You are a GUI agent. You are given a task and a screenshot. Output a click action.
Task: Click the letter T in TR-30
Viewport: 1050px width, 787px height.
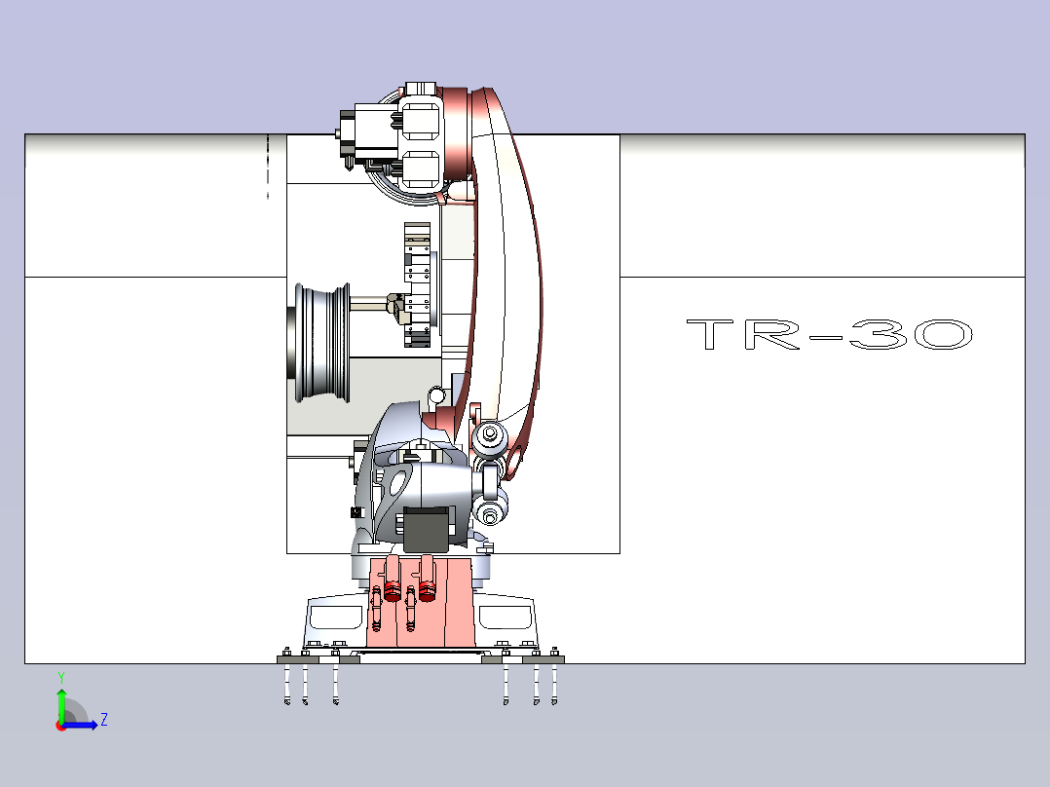click(x=710, y=334)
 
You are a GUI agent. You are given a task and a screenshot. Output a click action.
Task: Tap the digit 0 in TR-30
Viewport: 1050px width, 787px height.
click(x=944, y=334)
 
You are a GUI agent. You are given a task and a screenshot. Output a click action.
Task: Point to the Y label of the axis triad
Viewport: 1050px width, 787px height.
click(x=61, y=677)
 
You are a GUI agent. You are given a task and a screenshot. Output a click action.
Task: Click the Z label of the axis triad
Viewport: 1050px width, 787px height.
click(x=104, y=720)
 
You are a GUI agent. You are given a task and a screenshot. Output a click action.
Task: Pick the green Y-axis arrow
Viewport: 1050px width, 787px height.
click(x=61, y=705)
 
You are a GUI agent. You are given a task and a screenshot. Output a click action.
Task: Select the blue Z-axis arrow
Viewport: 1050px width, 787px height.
click(x=79, y=725)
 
